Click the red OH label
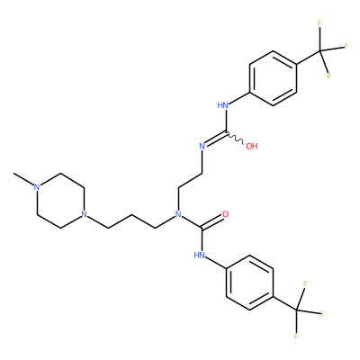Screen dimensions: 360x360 click(252, 147)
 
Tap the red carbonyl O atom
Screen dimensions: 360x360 click(226, 214)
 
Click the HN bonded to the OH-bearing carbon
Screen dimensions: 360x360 click(223, 105)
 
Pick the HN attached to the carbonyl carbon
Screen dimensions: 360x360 click(200, 256)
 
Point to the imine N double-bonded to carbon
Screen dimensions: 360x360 click(202, 147)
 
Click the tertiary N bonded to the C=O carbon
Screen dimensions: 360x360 click(178, 214)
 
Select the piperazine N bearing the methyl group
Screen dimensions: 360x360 click(37, 187)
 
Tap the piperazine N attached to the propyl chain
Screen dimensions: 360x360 click(84, 214)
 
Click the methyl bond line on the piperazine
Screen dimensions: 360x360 click(23, 179)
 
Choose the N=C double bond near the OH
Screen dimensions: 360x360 click(215, 139)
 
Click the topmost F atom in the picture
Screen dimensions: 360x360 click(319, 23)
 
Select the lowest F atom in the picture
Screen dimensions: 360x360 click(296, 337)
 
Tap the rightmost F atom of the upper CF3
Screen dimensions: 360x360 click(346, 46)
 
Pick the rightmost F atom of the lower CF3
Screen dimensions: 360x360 click(323, 314)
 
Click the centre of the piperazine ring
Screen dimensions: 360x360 click(60, 201)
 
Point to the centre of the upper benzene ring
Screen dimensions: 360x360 click(273, 78)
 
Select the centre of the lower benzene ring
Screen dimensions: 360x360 click(249, 283)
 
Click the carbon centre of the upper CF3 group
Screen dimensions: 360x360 click(319, 51)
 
